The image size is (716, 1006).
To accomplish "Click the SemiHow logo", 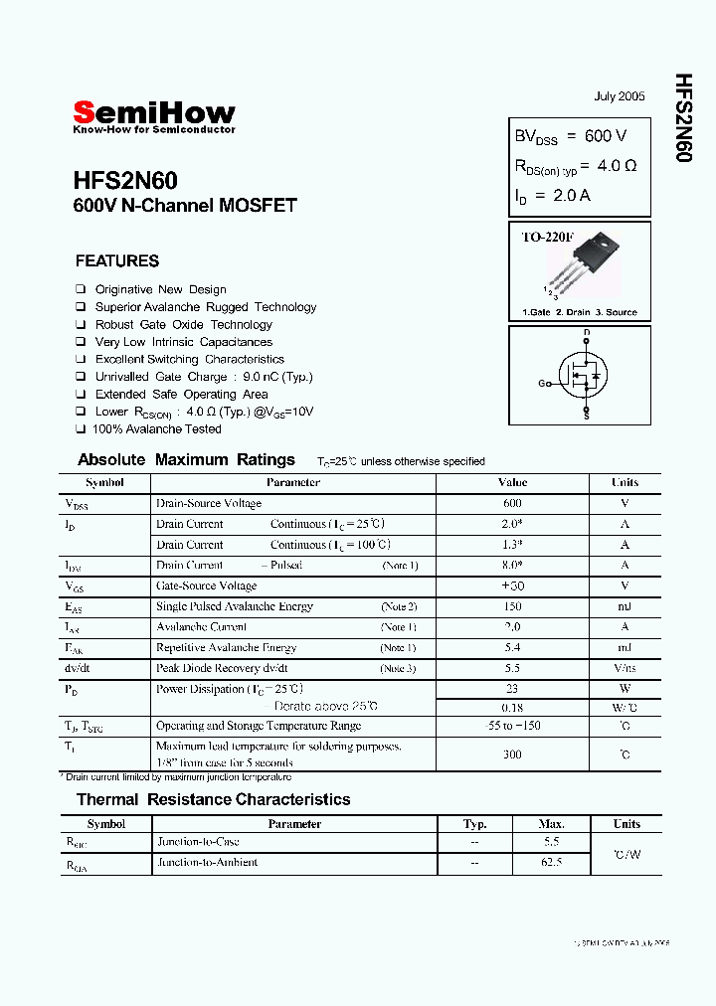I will [154, 114].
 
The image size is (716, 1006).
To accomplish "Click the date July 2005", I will [620, 96].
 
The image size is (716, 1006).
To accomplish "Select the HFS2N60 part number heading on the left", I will [125, 181].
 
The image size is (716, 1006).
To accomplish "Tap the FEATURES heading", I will [117, 261].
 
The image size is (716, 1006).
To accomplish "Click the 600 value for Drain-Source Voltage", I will [512, 503].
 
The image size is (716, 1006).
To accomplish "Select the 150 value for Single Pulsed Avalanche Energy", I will [512, 606].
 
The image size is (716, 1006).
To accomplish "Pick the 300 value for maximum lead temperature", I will [512, 754].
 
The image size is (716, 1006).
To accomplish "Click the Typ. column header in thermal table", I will [475, 824].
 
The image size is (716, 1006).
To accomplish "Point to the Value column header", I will [512, 482].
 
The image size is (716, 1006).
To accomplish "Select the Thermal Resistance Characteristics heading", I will [214, 799].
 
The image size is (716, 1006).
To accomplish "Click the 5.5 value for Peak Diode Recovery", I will [512, 668].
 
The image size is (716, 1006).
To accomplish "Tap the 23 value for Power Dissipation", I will [512, 688].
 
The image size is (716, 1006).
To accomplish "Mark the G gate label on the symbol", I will [543, 383].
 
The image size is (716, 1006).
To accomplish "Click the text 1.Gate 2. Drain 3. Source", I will [580, 312].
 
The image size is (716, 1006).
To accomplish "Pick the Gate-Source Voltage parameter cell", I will [207, 586].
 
